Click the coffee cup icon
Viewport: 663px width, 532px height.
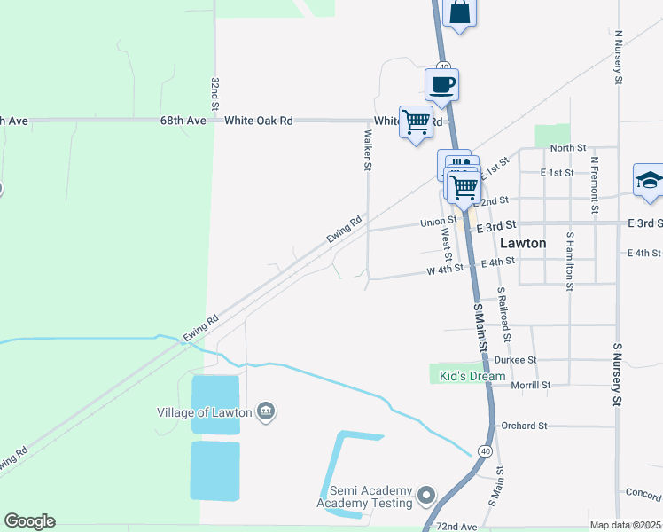(x=441, y=85)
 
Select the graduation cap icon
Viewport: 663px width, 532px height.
(x=650, y=180)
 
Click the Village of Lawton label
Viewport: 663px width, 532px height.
(x=205, y=411)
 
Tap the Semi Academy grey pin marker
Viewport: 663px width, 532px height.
(x=426, y=494)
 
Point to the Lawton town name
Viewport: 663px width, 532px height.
(x=523, y=242)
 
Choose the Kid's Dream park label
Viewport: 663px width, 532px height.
(x=472, y=376)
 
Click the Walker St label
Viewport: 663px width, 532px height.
(x=367, y=148)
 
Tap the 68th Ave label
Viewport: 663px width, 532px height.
(x=183, y=120)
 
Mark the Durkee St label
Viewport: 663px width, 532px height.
(x=519, y=360)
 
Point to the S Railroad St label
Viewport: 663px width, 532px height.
(x=503, y=314)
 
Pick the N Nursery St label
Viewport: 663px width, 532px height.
(x=617, y=54)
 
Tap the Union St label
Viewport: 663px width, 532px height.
(x=438, y=221)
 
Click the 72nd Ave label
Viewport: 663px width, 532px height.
(x=457, y=527)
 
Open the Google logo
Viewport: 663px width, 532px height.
(x=29, y=521)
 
